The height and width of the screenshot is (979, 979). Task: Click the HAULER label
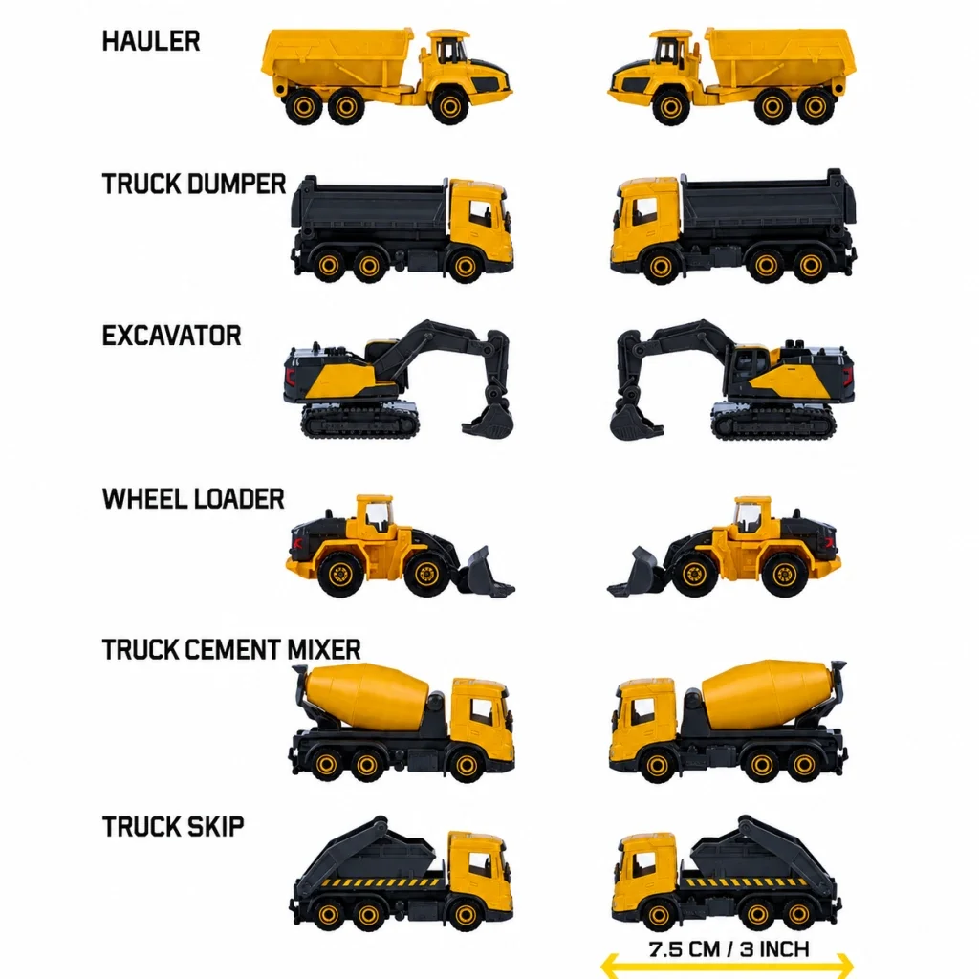(151, 41)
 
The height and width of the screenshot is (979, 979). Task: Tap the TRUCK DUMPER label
(194, 185)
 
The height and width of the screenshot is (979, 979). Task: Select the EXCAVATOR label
(172, 336)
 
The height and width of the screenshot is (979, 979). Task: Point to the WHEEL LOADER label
(193, 499)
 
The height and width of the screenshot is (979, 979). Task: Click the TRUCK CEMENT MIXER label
(231, 650)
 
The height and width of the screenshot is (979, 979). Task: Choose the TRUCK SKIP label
(173, 827)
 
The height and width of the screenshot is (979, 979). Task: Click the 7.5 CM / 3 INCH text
(729, 949)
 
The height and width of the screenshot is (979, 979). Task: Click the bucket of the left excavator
(489, 421)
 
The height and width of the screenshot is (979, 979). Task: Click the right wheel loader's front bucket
(635, 573)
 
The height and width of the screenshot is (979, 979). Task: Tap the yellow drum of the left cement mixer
(368, 696)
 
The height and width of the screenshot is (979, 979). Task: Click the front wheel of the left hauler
(449, 106)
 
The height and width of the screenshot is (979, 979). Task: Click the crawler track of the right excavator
(773, 423)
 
